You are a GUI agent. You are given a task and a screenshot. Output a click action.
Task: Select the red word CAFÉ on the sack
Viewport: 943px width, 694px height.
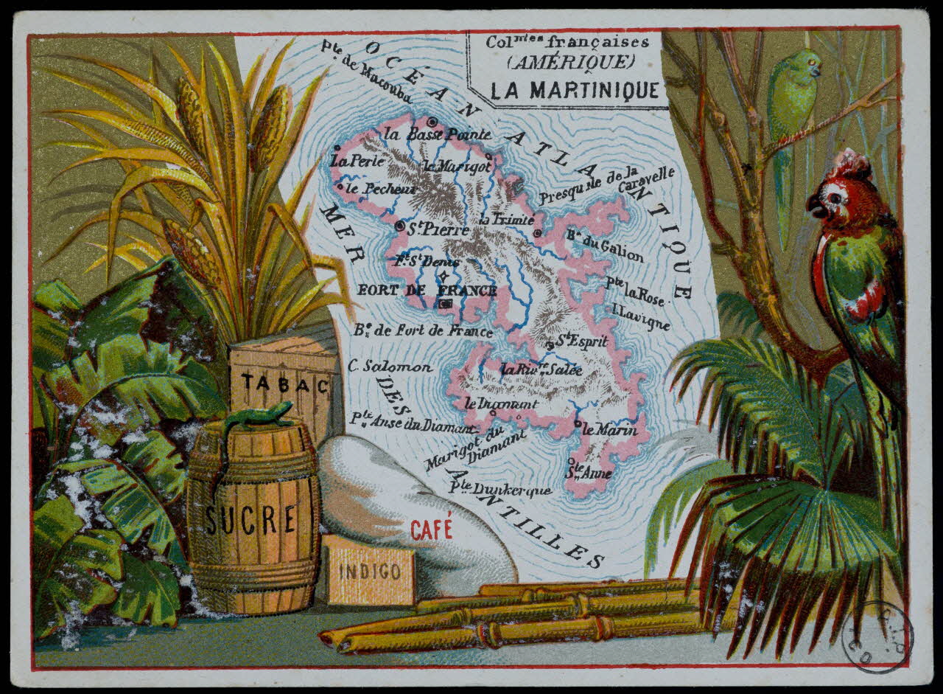432,529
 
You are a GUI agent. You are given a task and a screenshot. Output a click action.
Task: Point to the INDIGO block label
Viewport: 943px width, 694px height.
370,571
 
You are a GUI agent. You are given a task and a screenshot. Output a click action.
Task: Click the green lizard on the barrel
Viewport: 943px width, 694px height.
254,417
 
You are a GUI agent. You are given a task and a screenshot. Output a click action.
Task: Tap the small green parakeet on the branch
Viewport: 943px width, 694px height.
792,96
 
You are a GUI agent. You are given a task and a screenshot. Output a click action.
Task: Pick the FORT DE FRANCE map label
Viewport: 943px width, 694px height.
427,290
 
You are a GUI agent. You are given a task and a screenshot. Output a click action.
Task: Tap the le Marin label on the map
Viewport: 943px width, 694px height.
609,429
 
